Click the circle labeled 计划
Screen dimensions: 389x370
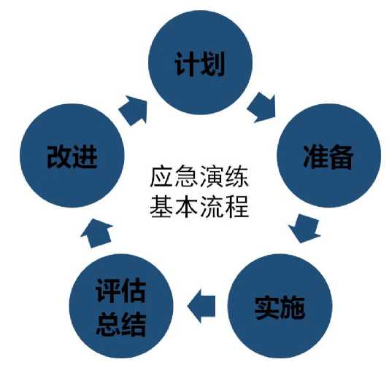[201, 63]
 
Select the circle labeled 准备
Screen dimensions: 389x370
[328, 156]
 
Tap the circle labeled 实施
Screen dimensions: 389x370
[280, 306]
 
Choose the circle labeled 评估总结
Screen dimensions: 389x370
[121, 306]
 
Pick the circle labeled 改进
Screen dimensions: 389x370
[72, 156]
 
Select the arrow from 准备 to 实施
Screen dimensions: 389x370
[304, 229]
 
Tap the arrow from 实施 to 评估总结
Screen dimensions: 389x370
[201, 306]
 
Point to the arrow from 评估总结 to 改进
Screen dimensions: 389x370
[96, 233]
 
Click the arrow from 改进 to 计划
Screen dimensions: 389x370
[134, 111]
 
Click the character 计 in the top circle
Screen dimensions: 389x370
[187, 63]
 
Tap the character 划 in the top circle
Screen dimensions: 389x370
[213, 63]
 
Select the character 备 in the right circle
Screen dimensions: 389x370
[341, 157]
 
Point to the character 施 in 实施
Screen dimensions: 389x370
[292, 307]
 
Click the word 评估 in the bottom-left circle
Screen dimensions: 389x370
[121, 291]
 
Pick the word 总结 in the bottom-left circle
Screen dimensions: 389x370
[121, 323]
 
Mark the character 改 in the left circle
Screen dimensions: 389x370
[59, 157]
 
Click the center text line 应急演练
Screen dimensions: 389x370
[199, 177]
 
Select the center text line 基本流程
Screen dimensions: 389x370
[199, 207]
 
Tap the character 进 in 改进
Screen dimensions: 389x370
[85, 157]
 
